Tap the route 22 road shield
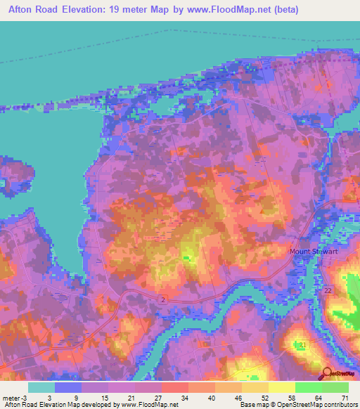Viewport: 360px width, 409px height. (x=328, y=290)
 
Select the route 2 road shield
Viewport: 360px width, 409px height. (x=163, y=299)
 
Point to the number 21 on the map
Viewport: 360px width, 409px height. (x=303, y=345)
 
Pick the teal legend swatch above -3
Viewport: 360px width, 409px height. (x=41, y=387)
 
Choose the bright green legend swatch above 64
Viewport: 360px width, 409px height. (x=309, y=387)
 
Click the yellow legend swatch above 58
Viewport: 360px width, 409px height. (x=282, y=387)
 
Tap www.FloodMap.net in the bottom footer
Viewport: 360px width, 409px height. (x=147, y=405)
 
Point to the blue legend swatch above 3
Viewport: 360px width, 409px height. (x=68, y=387)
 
